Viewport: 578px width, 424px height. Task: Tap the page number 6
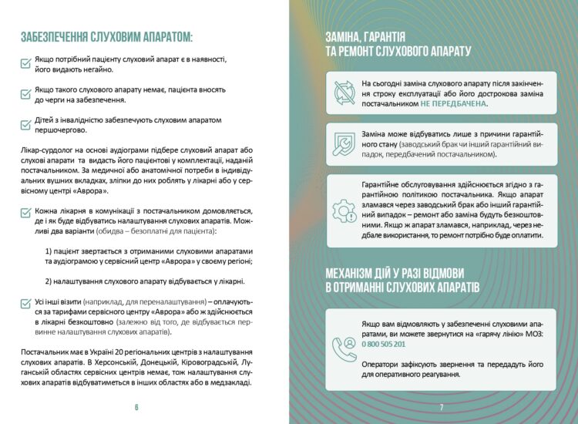pos(136,407)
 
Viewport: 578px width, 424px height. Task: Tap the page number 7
pos(442,407)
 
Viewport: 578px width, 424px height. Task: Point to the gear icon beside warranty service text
pos(343,210)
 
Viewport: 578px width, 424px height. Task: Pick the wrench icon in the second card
pos(343,144)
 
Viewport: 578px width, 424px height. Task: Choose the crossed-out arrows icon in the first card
pos(343,93)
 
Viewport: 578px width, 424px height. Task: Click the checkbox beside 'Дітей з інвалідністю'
pos(25,124)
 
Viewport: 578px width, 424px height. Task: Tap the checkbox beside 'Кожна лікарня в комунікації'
pos(25,212)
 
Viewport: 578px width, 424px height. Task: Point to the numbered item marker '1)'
pos(49,251)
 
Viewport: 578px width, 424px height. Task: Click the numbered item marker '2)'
pos(49,281)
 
